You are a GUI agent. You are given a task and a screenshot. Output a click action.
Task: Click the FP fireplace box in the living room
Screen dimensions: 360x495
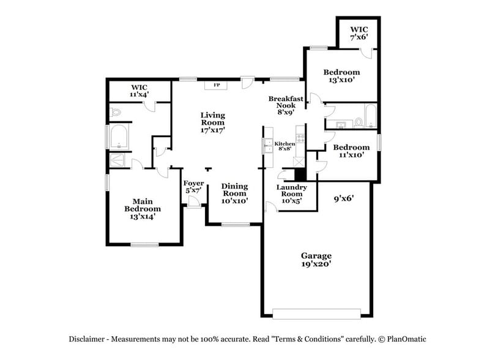217,85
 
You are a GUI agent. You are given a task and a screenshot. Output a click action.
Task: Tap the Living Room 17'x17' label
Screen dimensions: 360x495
213,122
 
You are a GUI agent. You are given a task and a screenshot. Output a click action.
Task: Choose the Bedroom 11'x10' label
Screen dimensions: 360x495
351,151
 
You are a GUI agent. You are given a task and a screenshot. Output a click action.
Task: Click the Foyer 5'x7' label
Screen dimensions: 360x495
193,187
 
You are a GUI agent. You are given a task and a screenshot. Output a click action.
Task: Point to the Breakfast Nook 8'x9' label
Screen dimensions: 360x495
286,105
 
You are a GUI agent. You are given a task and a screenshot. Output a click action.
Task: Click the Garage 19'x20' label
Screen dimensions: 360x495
316,260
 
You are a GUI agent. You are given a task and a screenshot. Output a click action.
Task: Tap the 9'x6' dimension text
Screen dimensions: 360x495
344,198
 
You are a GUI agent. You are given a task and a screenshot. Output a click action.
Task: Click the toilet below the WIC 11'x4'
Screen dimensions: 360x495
116,112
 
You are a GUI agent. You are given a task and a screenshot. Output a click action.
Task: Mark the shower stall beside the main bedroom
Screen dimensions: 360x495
117,160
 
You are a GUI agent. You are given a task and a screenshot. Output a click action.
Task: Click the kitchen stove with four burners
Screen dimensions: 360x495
300,135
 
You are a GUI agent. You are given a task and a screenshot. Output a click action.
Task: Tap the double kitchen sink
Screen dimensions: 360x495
268,145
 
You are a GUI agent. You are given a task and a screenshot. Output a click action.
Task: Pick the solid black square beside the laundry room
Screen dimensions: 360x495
300,172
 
